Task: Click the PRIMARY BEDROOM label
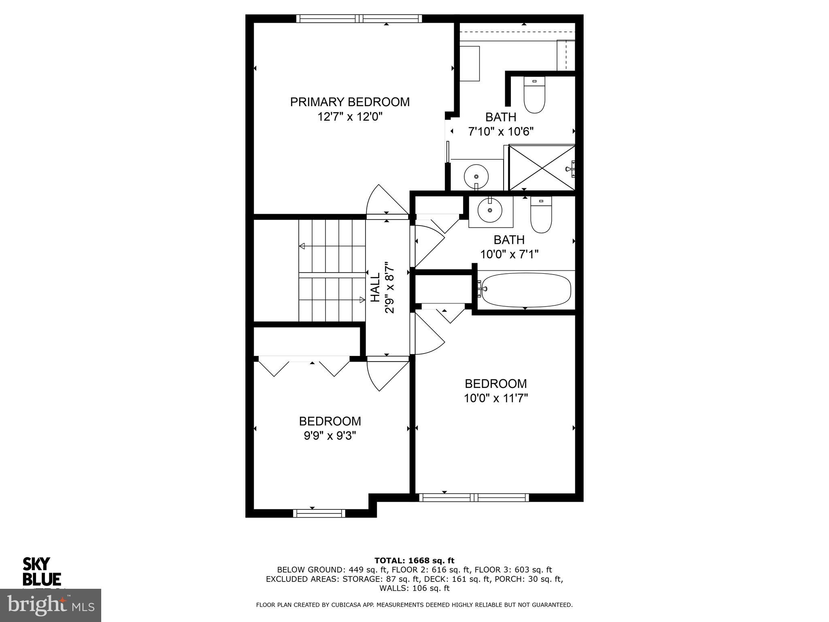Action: click(x=350, y=102)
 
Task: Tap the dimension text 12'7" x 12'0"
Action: click(x=350, y=117)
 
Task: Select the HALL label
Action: click(x=376, y=287)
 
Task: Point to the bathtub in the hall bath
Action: click(x=525, y=290)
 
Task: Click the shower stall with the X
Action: click(x=542, y=168)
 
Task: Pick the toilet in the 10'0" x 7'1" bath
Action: click(x=541, y=215)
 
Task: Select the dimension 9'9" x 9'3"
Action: click(x=330, y=436)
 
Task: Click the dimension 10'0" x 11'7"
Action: click(x=496, y=398)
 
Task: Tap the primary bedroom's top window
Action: click(x=359, y=19)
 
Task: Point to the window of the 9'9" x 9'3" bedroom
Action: click(x=319, y=513)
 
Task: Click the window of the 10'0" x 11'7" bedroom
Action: click(x=474, y=497)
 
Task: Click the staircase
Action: click(x=332, y=271)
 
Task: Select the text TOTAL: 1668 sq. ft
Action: click(x=414, y=560)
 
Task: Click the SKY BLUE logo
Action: click(x=41, y=571)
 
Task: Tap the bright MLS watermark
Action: click(x=50, y=605)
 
